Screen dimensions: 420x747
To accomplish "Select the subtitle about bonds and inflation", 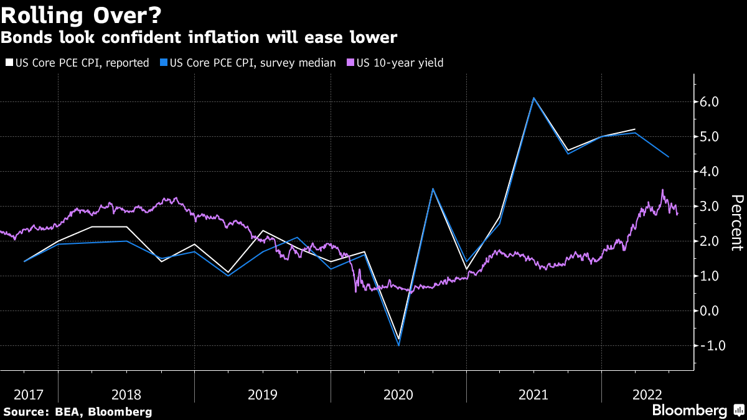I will click(199, 38).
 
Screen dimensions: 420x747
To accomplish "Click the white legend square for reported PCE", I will click(8, 62).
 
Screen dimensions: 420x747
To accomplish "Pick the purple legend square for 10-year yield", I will click(350, 62).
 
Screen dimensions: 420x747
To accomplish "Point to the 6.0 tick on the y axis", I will click(710, 101).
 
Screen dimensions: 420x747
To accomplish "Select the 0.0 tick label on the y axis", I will click(710, 310).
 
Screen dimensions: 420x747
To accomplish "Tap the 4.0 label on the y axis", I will click(710, 171).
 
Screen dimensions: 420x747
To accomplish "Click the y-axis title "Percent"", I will click(737, 222).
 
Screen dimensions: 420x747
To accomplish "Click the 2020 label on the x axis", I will click(398, 394).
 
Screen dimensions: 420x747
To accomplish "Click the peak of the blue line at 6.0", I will click(533, 98).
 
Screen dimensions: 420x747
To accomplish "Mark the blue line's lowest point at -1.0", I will click(398, 345).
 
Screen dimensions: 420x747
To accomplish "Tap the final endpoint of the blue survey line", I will click(669, 157).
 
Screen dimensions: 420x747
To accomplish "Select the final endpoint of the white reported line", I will click(635, 129).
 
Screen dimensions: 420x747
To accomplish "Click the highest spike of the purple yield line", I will click(662, 190).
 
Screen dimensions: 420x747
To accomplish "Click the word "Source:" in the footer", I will click(26, 412).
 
